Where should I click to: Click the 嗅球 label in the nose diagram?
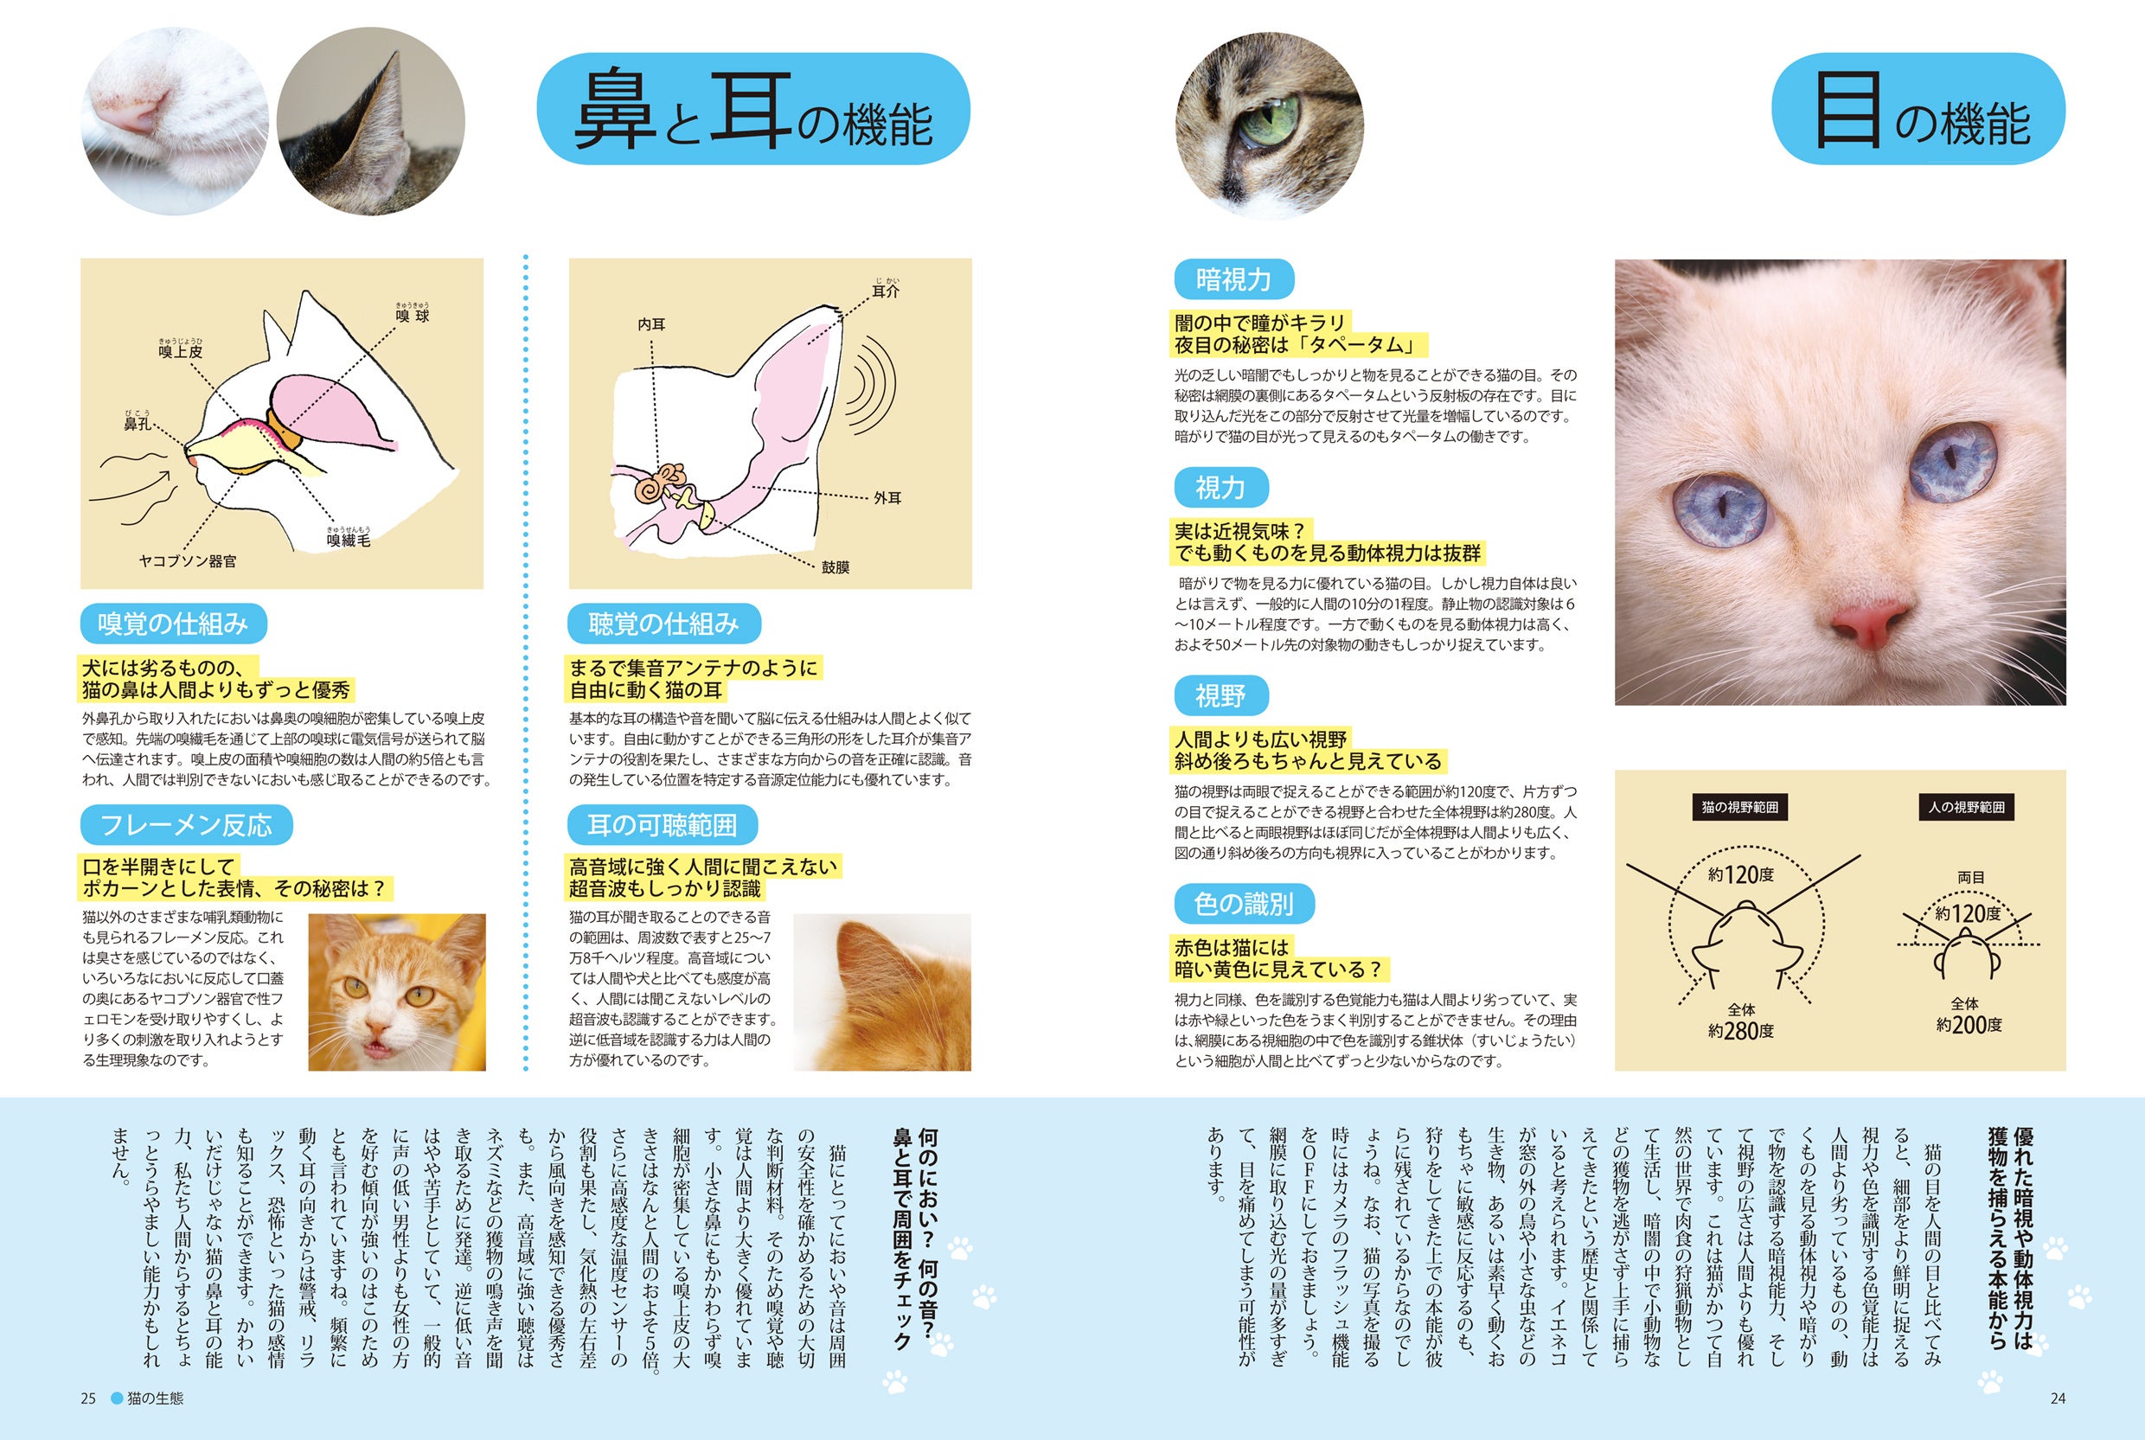pos(413,316)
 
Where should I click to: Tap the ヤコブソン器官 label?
pos(188,560)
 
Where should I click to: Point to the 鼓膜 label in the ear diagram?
pos(835,566)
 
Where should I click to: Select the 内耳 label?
pos(651,324)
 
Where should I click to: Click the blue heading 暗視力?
pos(1233,279)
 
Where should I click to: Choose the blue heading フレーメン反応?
pos(187,825)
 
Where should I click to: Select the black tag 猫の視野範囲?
pos(1739,807)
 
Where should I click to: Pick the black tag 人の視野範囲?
pos(1966,807)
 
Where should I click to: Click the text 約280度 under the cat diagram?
pos(1740,1030)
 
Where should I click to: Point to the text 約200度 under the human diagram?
pos(1969,1024)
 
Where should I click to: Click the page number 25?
pos(88,1398)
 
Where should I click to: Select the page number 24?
pos(2058,1398)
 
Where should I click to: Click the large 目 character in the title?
pos(1847,111)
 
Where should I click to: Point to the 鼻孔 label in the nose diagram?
pos(138,424)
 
